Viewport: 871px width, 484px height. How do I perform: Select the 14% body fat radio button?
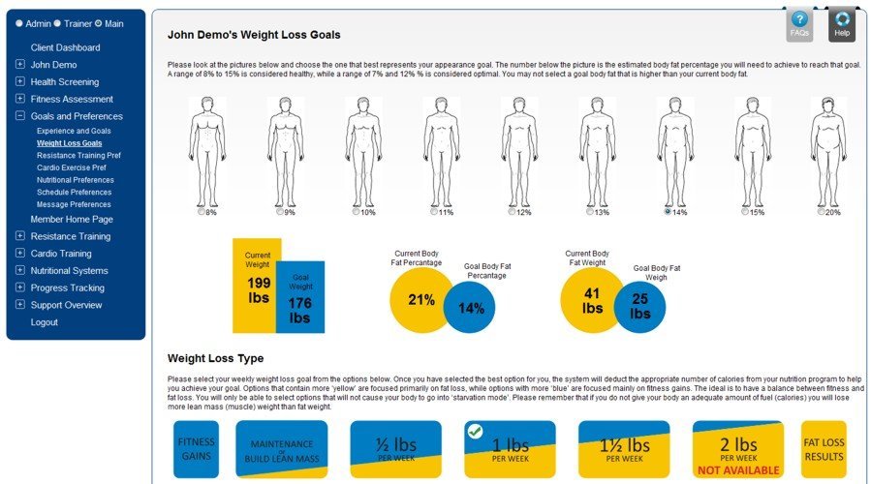(668, 212)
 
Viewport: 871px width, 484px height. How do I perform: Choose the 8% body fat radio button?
(202, 212)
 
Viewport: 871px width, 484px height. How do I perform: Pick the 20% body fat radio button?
(823, 212)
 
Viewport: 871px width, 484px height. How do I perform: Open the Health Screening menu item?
(64, 82)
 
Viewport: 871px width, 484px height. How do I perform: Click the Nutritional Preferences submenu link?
(76, 180)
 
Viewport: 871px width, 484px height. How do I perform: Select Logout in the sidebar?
(44, 322)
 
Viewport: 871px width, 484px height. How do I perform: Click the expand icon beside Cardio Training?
(20, 254)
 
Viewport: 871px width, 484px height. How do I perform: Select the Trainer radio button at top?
(58, 23)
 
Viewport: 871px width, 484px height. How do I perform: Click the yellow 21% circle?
(419, 300)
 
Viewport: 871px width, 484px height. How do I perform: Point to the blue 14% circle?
(472, 309)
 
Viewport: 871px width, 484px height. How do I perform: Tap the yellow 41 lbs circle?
(591, 301)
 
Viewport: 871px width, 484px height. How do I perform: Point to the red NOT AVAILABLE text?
(738, 470)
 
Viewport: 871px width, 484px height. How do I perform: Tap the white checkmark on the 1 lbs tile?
(475, 431)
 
